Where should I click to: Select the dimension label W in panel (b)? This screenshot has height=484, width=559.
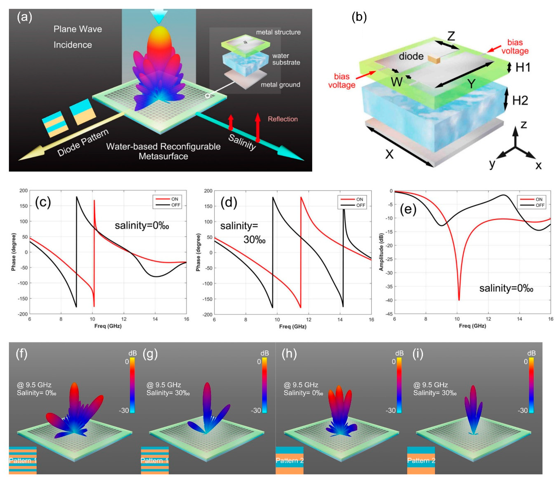tap(396, 82)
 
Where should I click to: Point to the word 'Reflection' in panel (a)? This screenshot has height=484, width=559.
tap(283, 119)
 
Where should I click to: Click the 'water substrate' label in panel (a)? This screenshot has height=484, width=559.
tap(286, 59)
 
